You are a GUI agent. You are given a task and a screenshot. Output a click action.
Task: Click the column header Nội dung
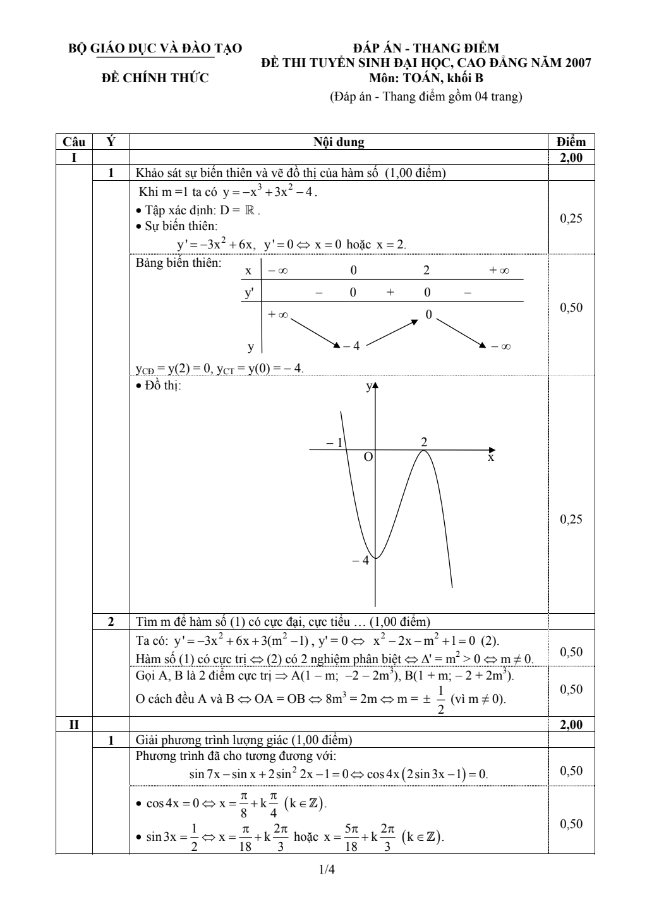pos(339,142)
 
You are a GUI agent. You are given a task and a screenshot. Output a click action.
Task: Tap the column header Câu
pos(74,142)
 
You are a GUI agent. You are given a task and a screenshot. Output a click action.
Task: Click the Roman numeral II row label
pos(74,725)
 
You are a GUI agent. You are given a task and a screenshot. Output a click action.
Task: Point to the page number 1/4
pos(327,870)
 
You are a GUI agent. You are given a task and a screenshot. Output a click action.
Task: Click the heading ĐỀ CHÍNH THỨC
pos(155,78)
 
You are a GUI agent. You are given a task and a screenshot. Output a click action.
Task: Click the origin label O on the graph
pos(368,456)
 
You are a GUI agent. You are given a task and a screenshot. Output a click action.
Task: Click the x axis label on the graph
pos(490,457)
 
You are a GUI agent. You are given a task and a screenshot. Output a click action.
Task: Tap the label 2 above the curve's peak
pos(424,443)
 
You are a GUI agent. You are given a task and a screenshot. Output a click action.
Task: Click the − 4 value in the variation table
pos(351,346)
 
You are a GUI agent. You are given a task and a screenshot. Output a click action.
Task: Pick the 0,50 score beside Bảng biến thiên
pos(571,308)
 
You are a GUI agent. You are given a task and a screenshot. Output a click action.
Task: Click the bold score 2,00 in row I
pos(571,158)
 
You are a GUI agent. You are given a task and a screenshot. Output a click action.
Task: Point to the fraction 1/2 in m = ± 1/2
pos(441,700)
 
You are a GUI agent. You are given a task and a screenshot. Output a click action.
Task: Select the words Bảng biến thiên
pos(179,264)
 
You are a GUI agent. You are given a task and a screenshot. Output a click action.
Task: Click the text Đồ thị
pos(162,386)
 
